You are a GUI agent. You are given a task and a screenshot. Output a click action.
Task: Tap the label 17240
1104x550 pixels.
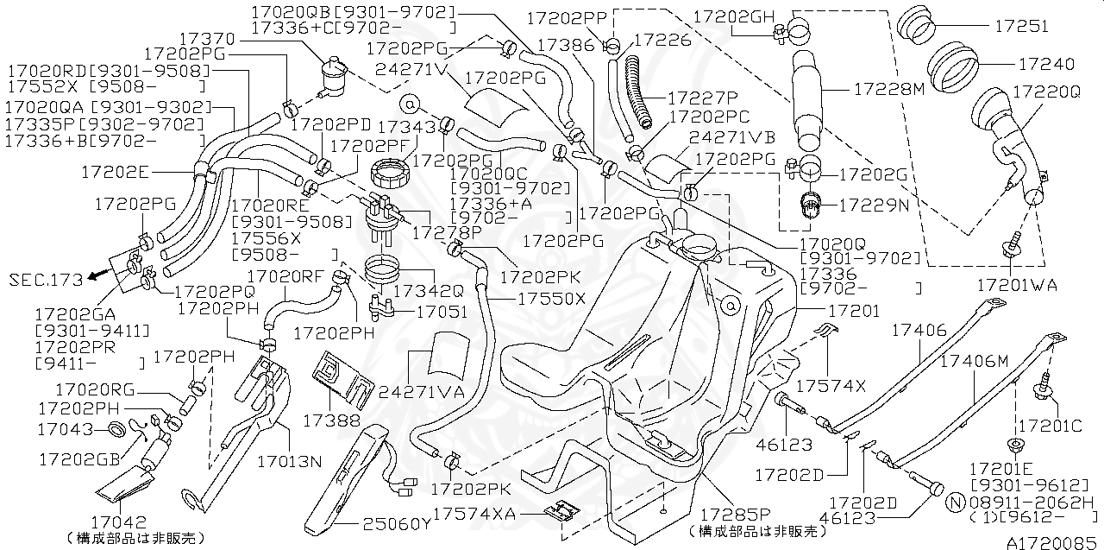click(x=1046, y=65)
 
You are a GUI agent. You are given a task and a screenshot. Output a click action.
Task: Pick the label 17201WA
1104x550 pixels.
click(x=1016, y=285)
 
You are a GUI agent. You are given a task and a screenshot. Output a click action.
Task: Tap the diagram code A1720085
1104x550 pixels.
click(x=1053, y=541)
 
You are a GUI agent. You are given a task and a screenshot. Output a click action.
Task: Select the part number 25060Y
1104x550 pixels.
click(x=396, y=523)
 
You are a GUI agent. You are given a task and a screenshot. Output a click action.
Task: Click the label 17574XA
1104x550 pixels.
click(x=474, y=513)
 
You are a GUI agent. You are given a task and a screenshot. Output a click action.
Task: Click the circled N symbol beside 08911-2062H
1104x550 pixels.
click(x=955, y=502)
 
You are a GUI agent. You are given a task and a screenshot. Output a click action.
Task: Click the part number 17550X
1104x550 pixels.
click(x=552, y=298)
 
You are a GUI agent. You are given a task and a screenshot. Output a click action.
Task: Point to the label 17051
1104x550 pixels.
click(x=442, y=312)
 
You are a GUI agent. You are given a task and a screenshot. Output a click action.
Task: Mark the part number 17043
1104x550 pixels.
click(x=66, y=427)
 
